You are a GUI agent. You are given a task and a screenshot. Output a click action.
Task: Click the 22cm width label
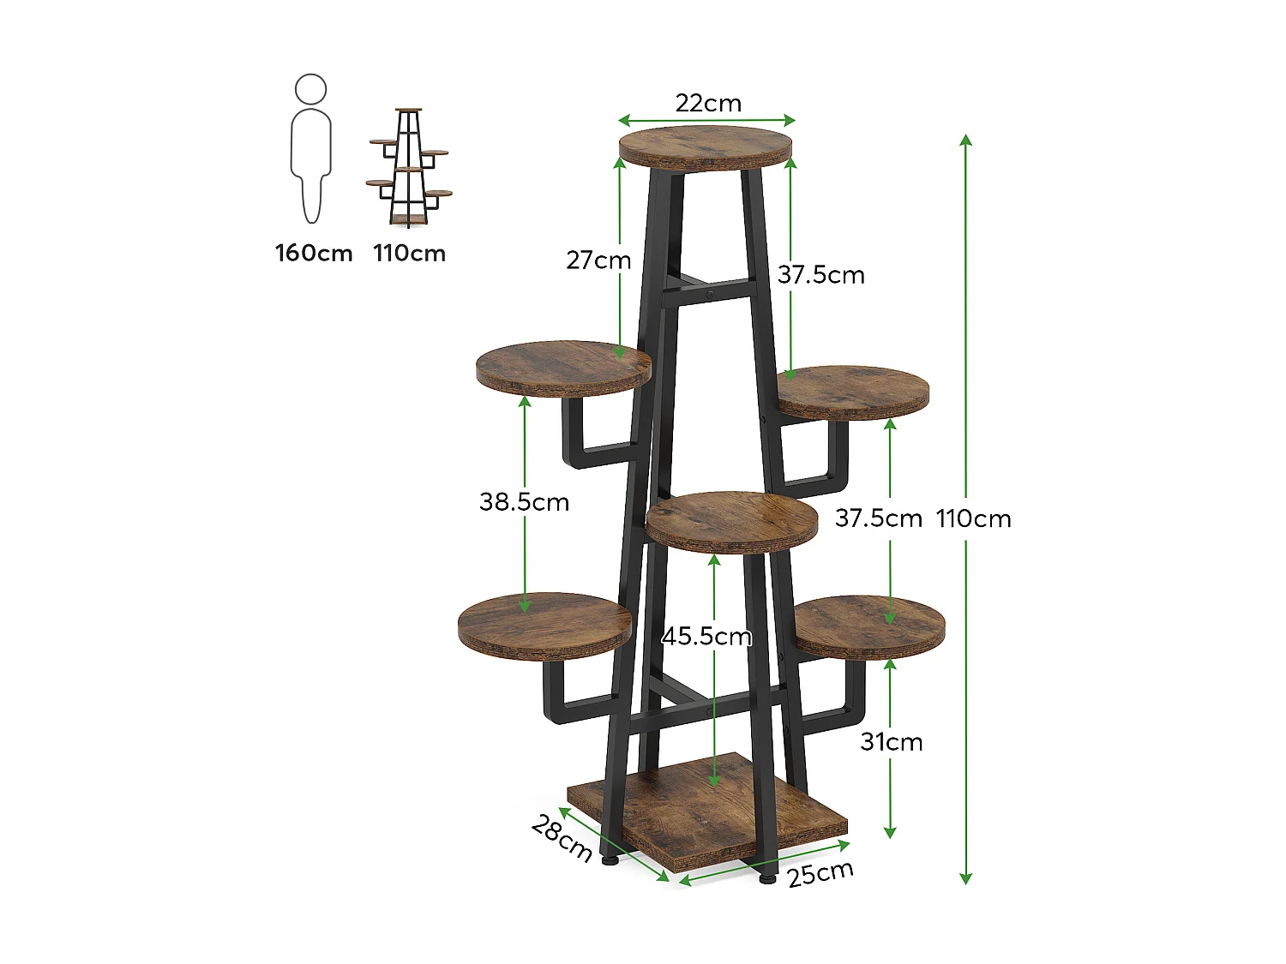point(707,103)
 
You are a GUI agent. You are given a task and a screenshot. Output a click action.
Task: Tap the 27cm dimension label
point(598,260)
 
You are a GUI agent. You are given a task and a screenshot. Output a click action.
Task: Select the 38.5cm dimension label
point(524,501)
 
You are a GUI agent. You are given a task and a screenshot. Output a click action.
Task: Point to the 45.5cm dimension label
point(706,636)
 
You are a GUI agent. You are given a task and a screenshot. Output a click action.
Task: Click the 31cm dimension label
point(892,741)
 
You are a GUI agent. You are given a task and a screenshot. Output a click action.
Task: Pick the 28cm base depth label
point(562,838)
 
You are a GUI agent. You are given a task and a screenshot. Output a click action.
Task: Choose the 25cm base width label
point(820,873)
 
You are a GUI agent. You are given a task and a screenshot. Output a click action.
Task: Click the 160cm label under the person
point(314,253)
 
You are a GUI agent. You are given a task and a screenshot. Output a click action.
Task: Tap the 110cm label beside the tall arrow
point(974,518)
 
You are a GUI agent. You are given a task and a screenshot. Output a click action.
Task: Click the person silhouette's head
point(310,89)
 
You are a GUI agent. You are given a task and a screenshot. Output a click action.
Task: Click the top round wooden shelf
point(705,147)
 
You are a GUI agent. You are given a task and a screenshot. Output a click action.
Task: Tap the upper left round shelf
point(563,368)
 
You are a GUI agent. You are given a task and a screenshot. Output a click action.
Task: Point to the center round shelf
point(732,520)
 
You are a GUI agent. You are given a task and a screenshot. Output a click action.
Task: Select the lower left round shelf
point(545,624)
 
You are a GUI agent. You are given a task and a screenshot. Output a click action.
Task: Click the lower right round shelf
point(869,626)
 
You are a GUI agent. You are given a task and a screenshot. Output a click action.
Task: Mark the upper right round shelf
point(853,392)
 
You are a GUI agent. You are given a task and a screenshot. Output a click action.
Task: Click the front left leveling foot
point(610,859)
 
